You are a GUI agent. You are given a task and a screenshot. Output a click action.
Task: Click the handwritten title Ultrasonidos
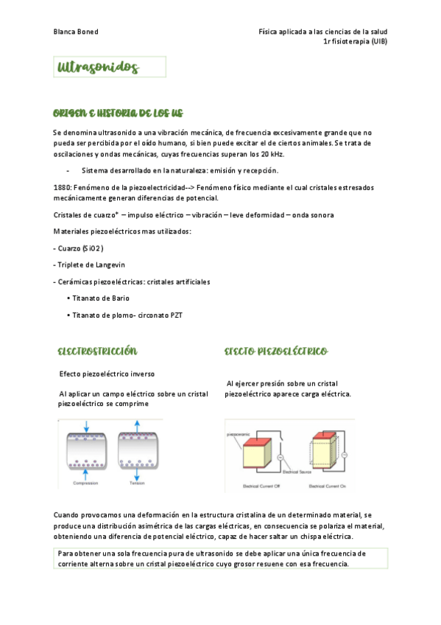coord(99,68)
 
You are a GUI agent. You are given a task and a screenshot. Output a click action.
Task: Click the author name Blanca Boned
coord(76,32)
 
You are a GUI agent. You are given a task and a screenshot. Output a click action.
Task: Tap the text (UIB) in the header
coord(376,41)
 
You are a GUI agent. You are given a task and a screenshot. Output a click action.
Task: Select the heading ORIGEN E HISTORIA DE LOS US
coord(118,114)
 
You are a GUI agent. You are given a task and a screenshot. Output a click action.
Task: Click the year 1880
coord(63,188)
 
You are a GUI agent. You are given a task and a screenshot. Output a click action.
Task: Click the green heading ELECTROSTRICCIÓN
coord(97,352)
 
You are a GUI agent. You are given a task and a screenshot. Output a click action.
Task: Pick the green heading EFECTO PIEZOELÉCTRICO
coord(276,352)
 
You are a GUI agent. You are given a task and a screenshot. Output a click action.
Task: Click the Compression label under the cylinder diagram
coord(85,483)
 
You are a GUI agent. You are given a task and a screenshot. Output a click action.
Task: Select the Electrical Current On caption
coord(328,486)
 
